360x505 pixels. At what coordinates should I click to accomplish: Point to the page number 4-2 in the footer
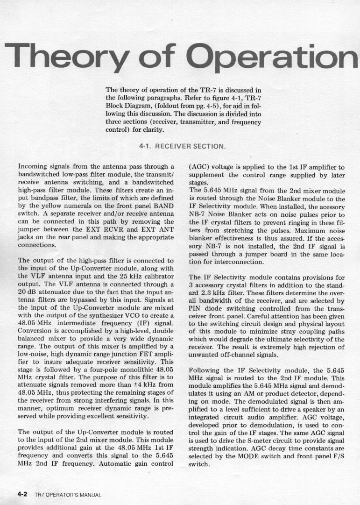(23, 494)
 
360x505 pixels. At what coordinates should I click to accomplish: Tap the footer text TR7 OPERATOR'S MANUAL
(68, 495)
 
